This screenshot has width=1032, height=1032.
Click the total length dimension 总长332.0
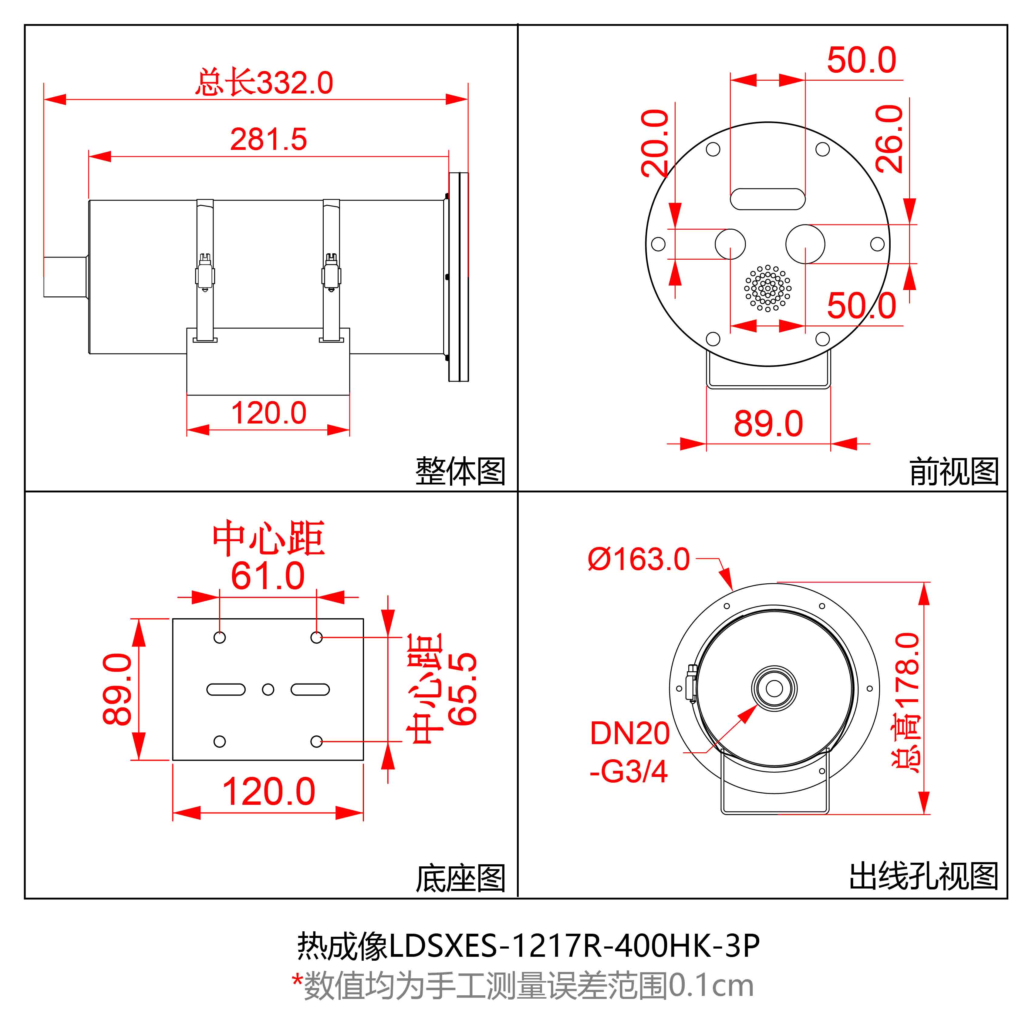tap(264, 83)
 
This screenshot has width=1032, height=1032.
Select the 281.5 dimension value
tap(269, 140)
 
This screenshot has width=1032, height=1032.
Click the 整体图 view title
tap(460, 471)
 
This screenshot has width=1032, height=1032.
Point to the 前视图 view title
tap(953, 471)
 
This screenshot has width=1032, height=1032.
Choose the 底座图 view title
tap(460, 878)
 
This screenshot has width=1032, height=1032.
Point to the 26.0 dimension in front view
tap(889, 139)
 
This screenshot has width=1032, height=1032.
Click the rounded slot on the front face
tap(767, 199)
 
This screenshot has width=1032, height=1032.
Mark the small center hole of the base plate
tap(268, 690)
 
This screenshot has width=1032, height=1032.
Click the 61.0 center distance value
tap(268, 576)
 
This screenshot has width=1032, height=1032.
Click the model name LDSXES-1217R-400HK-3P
tap(574, 946)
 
